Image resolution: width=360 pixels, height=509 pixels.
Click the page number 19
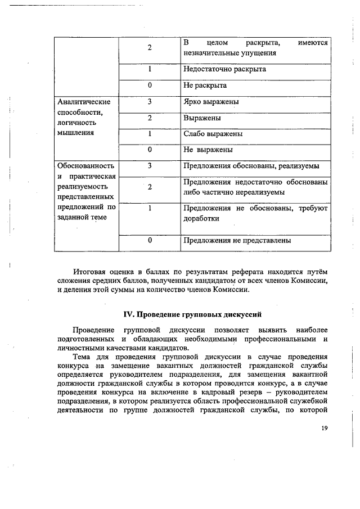tap(325, 428)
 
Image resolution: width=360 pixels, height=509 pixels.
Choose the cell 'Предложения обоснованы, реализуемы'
tap(251, 166)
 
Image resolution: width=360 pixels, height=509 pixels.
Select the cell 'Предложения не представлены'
tap(237, 241)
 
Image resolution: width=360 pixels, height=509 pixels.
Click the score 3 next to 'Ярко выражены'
tap(150, 102)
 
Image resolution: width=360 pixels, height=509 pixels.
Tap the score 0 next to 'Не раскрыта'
tap(150, 85)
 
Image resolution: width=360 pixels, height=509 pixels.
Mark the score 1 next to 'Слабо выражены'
tap(150, 134)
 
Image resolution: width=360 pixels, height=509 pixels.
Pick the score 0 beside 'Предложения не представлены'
tap(150, 241)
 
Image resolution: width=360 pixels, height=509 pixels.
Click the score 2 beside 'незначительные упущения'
tap(150, 48)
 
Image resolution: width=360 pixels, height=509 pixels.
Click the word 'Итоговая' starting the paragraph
tap(91, 271)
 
